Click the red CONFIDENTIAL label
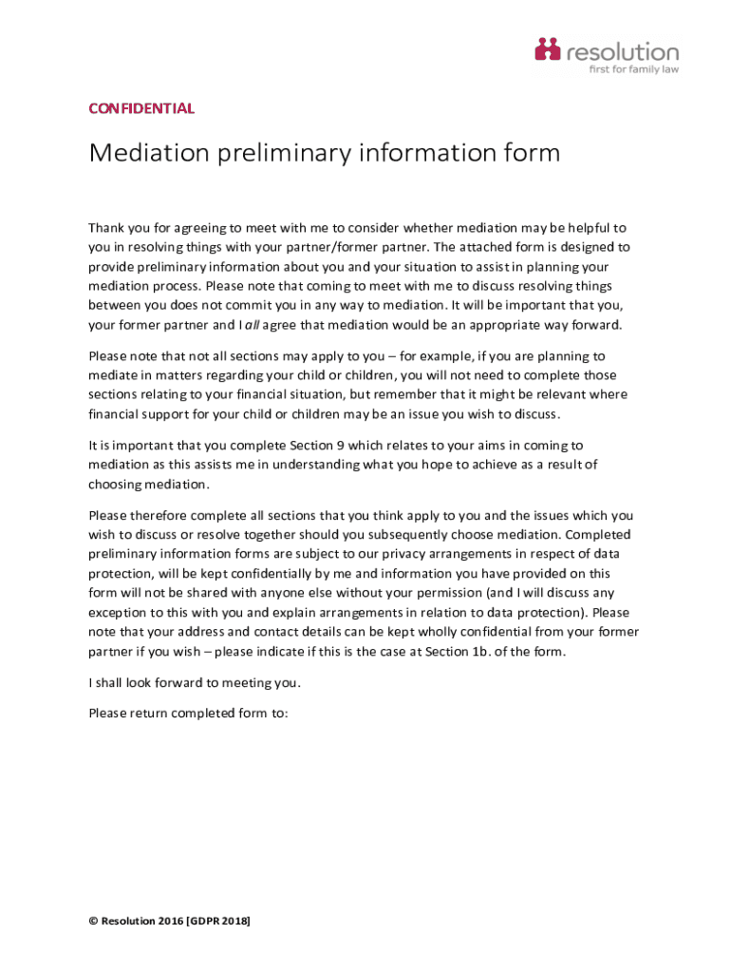point(141,108)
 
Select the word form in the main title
point(528,154)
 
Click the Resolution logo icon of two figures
point(548,50)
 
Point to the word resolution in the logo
point(623,50)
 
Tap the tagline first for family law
point(635,69)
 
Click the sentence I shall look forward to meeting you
point(194,682)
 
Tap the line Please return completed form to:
point(188,713)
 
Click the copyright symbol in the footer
point(93,922)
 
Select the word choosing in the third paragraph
point(114,485)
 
